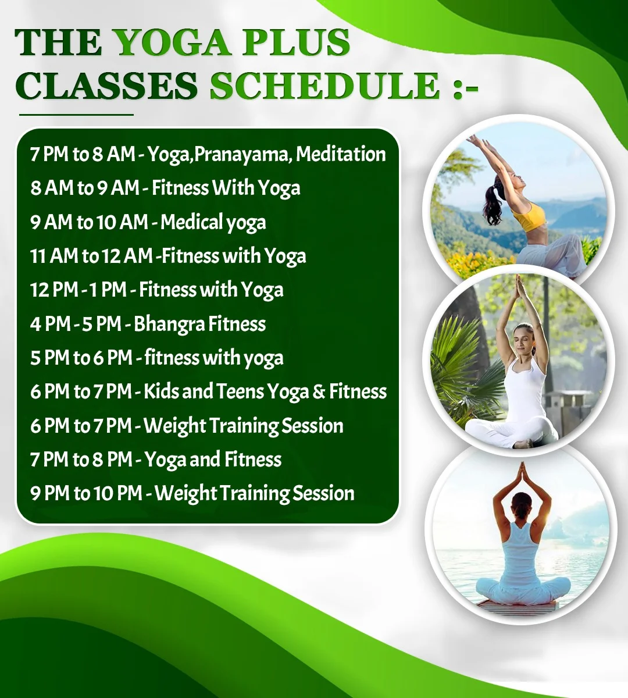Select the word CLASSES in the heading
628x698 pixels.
coord(106,86)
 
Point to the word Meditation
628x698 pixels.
coord(341,154)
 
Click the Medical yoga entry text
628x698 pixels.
coord(213,222)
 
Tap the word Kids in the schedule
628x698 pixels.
coord(160,391)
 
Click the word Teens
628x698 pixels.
coord(240,391)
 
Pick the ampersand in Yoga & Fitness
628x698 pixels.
coord(319,391)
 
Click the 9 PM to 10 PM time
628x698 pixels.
coord(86,493)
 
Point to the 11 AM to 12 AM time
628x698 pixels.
coord(91,256)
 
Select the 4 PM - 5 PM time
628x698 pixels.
coord(76,324)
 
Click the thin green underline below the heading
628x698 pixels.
coord(76,115)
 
